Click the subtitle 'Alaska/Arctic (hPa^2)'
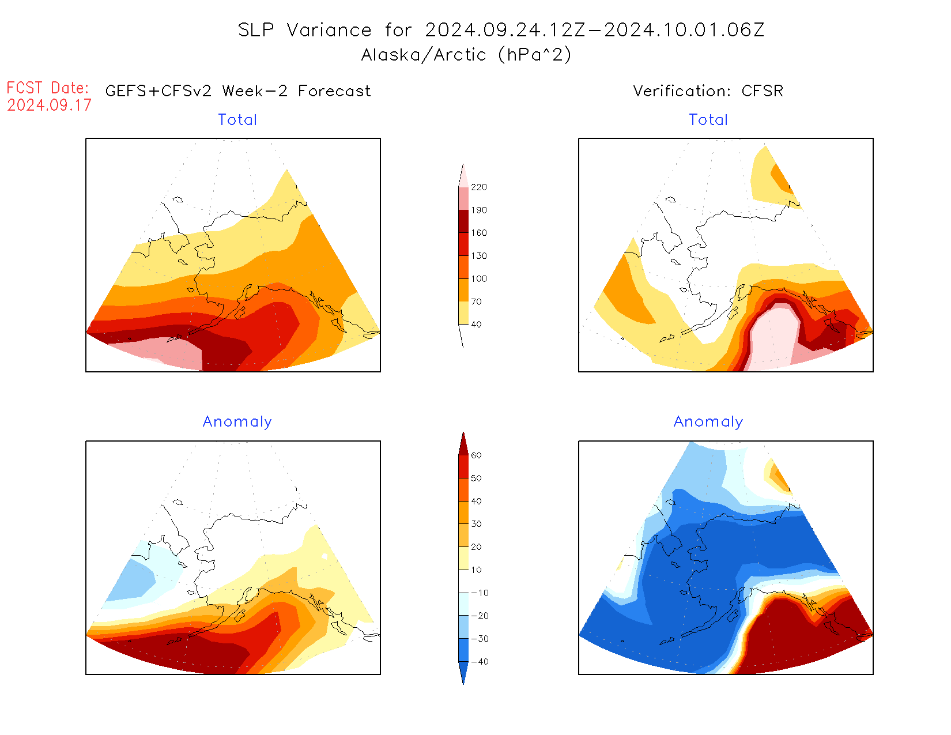click(466, 55)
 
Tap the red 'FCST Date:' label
click(48, 88)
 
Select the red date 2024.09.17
click(49, 105)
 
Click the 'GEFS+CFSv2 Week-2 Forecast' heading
click(238, 91)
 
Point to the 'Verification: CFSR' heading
click(708, 91)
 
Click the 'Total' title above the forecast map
click(237, 120)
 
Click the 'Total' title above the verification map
click(708, 120)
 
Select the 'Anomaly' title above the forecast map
click(237, 422)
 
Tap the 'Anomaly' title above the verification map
click(708, 422)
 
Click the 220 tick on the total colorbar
click(478, 187)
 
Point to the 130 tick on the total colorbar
click(478, 256)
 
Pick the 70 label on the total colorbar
click(476, 301)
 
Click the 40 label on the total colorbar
click(476, 325)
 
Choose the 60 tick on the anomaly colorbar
click(476, 455)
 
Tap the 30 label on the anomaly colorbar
click(476, 524)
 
